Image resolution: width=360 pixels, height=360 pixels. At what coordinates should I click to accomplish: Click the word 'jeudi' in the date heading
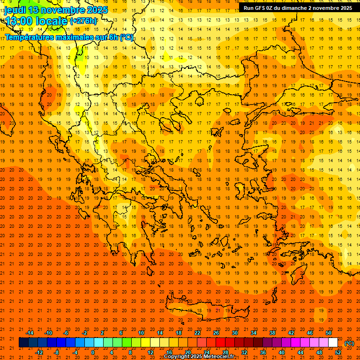coord(15,10)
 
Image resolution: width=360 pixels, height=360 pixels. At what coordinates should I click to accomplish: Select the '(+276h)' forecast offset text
coord(83,21)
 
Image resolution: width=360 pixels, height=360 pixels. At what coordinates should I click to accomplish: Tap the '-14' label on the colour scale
coord(30,333)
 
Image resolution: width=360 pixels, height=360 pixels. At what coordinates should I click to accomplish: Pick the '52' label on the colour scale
coord(338,352)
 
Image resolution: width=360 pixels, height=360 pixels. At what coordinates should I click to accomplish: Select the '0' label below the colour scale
coord(93,352)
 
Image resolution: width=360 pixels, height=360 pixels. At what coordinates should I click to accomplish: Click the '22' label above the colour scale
coord(197,333)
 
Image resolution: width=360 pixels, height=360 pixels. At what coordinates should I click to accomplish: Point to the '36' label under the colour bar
coord(263,352)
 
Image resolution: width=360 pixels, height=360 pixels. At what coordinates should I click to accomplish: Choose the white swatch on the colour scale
coord(333,343)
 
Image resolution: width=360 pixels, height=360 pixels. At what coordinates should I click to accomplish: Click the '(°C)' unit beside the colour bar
coord(349,343)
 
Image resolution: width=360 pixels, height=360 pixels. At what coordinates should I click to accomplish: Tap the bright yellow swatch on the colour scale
coord(145,343)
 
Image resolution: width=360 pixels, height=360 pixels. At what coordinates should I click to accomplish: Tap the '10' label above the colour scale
coord(141,333)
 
